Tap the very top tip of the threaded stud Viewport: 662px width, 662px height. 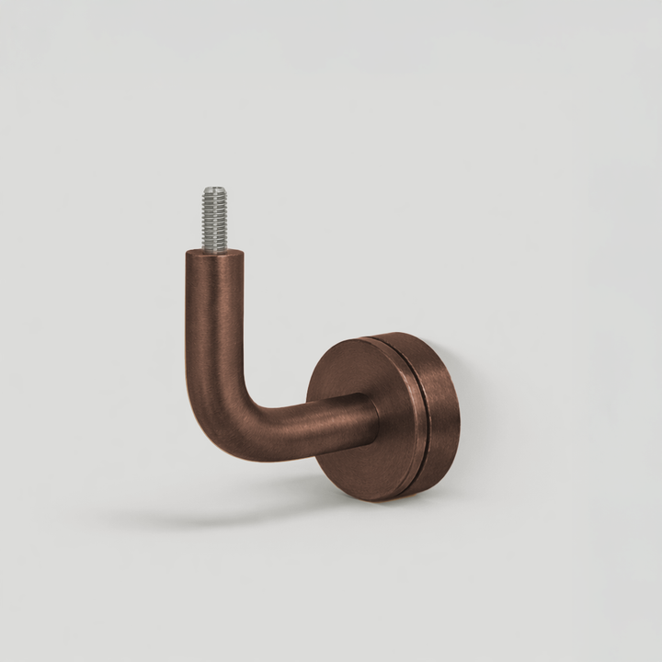pos(214,188)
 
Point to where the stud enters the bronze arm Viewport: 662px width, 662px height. pos(214,250)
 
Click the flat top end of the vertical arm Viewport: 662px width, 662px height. pos(214,255)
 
